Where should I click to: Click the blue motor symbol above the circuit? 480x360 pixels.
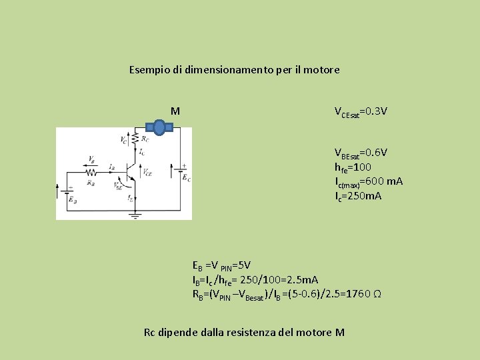click(x=160, y=127)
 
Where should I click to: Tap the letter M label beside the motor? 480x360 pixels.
click(x=175, y=111)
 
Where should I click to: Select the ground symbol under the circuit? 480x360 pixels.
click(x=135, y=215)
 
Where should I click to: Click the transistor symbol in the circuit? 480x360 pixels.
click(x=131, y=171)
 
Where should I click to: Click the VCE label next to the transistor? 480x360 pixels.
click(x=147, y=172)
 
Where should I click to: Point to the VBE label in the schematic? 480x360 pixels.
click(x=119, y=187)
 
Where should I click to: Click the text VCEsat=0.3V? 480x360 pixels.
click(x=361, y=111)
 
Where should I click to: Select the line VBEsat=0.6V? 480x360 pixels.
click(x=361, y=153)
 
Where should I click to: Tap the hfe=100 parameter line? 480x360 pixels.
click(x=353, y=167)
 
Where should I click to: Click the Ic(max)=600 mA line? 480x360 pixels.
click(x=369, y=181)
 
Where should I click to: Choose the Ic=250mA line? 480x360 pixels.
click(x=359, y=196)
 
